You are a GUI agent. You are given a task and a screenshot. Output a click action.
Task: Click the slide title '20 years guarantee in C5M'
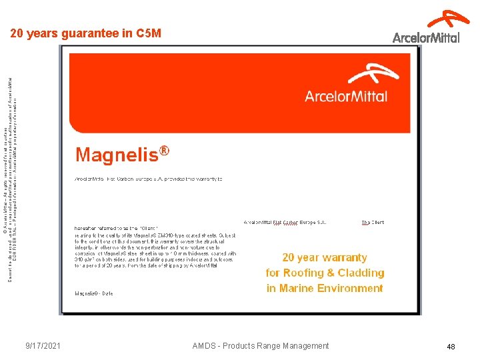(x=85, y=33)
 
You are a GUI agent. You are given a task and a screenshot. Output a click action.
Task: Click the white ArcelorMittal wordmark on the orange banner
(x=346, y=96)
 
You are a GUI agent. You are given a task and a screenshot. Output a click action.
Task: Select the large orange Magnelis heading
(x=117, y=155)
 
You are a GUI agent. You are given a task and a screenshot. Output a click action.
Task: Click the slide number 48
(x=451, y=347)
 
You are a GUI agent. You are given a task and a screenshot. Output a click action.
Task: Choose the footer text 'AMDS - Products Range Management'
(x=260, y=346)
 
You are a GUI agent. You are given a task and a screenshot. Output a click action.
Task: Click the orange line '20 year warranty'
(x=325, y=257)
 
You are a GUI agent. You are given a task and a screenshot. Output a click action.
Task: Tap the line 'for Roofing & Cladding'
(x=325, y=273)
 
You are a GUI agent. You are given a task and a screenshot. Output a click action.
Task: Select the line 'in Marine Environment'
(x=325, y=288)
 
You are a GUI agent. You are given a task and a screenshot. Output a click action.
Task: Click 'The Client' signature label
(x=373, y=223)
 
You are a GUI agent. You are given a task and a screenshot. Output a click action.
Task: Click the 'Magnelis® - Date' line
(x=94, y=293)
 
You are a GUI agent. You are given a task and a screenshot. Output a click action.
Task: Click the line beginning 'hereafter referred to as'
(x=125, y=229)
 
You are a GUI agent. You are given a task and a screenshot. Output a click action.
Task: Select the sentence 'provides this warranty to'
(x=194, y=179)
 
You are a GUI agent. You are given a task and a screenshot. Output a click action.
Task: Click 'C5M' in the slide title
(x=148, y=33)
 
